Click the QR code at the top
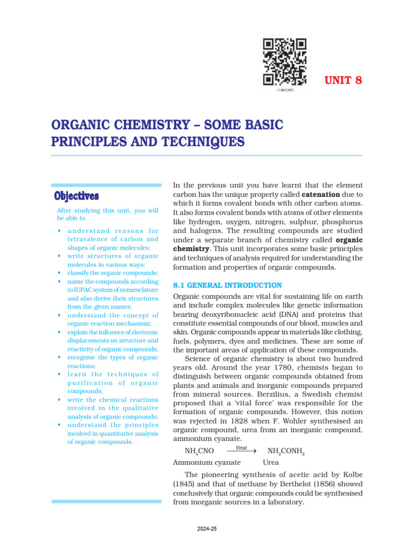pos(284,62)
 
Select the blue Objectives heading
pos(77,194)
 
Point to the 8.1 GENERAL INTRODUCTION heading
pos(227,285)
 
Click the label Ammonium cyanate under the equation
pos(206,462)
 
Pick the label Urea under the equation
pos(271,462)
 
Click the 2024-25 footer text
pos(207,529)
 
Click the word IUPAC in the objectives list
pos(79,289)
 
